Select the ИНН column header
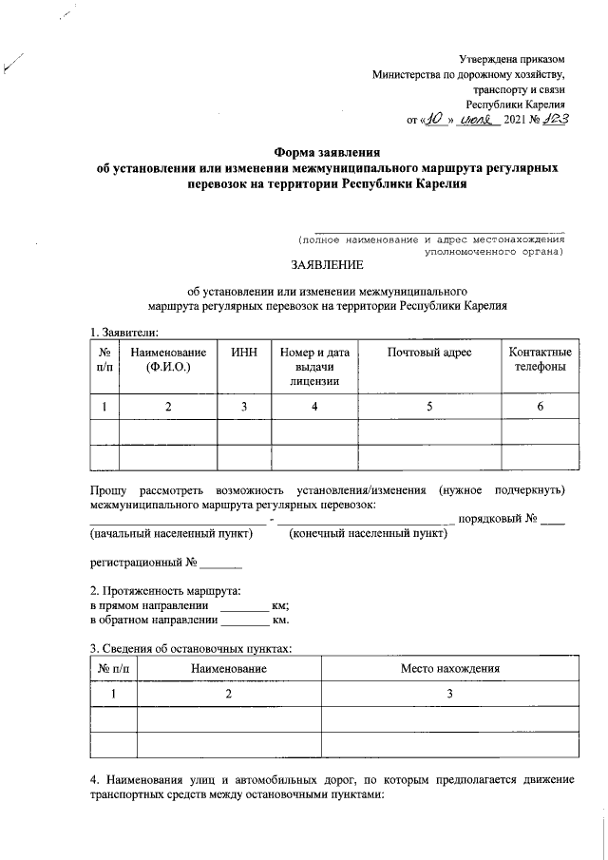(243, 353)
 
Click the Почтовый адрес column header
(430, 353)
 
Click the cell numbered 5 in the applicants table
(430, 407)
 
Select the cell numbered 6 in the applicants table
(540, 407)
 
